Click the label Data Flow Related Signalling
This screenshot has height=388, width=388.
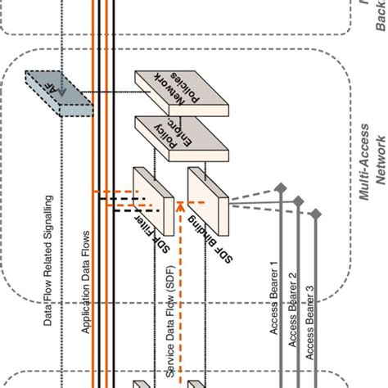[x=48, y=261]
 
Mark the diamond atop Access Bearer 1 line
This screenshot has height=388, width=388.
[x=280, y=187]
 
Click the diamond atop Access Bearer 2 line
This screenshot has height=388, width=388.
[x=298, y=199]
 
